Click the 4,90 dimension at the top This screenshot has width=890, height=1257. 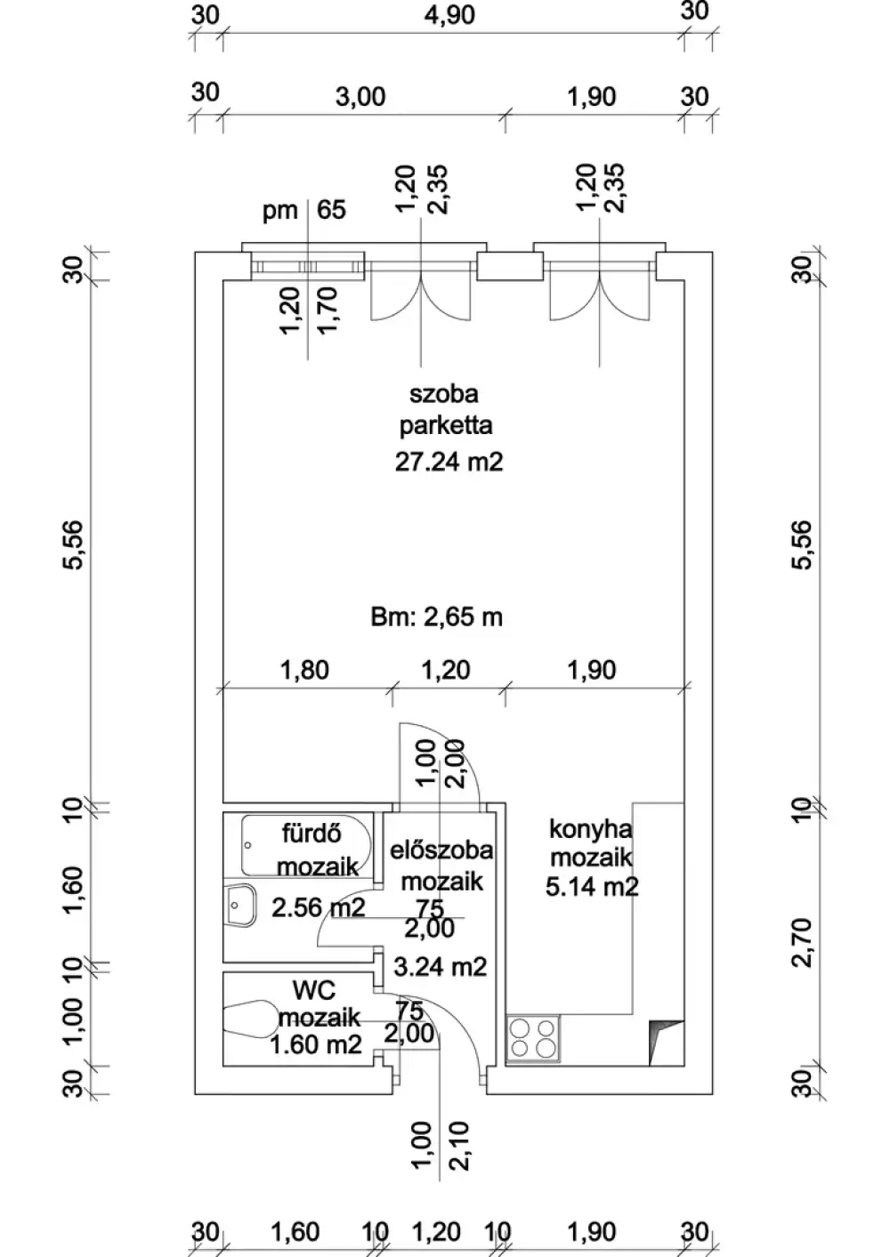pos(449,14)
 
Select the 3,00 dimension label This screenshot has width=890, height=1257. pos(360,97)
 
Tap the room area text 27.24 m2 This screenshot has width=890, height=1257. pos(449,463)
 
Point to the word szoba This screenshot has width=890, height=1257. pos(444,394)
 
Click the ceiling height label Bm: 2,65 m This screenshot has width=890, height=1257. pos(436,617)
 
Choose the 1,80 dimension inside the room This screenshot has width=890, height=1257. pos(304,670)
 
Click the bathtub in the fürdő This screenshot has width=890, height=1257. pos(306,846)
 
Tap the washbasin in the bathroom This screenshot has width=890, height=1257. pos(240,905)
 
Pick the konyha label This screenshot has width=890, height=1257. pos(591,830)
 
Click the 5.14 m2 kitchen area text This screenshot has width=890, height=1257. pos(592,887)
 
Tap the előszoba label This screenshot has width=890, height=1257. pos(442,850)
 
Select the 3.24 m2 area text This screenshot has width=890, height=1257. pos(441,967)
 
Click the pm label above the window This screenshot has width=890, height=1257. pos(280,211)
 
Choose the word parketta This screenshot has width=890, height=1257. pos(446,426)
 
